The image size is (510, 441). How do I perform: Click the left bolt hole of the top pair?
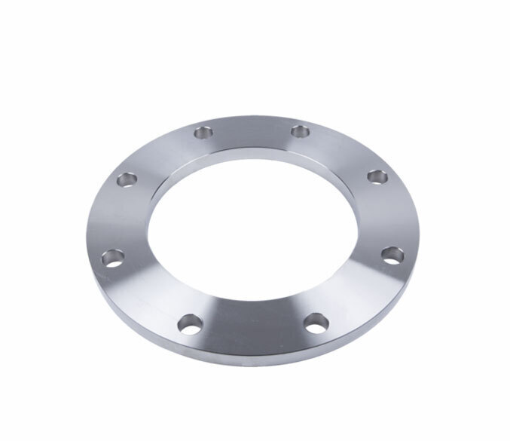(202, 133)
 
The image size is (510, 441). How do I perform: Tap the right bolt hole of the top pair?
(299, 132)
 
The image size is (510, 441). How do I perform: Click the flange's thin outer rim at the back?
(249, 118)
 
